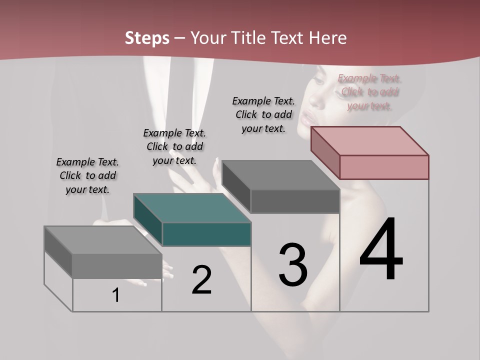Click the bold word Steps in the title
[147, 38]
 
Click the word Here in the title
[327, 38]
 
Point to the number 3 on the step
[293, 264]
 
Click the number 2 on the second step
[202, 280]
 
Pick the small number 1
[116, 295]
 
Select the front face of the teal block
[206, 234]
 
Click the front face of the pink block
[384, 167]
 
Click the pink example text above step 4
[369, 92]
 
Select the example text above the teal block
[174, 146]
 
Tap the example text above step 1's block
[87, 175]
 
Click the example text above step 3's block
[263, 114]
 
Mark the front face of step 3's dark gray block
[295, 201]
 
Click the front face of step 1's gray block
[117, 266]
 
